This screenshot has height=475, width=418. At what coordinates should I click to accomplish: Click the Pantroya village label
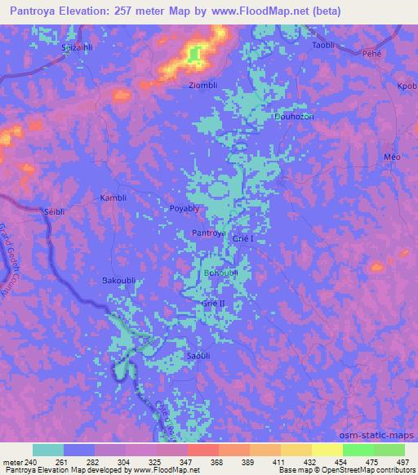(x=208, y=233)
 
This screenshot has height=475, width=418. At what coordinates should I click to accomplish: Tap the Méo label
(x=391, y=156)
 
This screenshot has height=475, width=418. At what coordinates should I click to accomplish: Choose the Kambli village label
(x=112, y=198)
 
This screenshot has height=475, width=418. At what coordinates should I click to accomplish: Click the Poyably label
(x=185, y=208)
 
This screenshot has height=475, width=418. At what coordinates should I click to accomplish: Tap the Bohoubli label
(x=220, y=273)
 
